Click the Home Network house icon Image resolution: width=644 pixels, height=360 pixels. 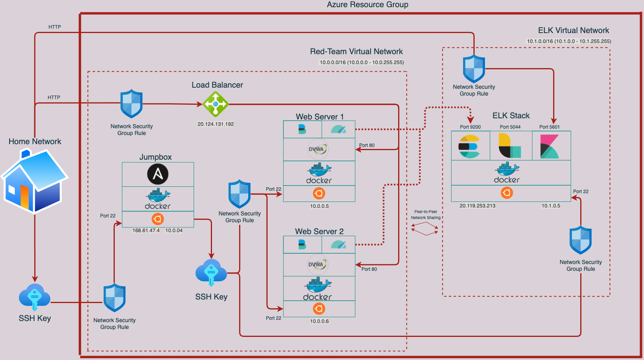coord(35,181)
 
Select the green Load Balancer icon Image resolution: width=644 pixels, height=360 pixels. coord(215,104)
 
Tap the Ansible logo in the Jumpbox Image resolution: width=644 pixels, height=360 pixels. coord(158,174)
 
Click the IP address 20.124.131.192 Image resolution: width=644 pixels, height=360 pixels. coord(216,124)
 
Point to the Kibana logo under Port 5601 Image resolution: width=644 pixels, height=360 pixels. coord(549,146)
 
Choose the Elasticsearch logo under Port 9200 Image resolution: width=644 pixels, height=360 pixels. coord(469,146)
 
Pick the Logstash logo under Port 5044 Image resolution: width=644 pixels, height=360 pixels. coord(510,146)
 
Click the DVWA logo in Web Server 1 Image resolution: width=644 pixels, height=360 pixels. coord(318,149)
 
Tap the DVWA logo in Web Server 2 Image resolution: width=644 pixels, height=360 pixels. coord(317,264)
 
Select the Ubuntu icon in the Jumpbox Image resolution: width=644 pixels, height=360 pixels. coord(158,219)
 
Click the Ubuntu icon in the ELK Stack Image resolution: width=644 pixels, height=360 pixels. coord(507,193)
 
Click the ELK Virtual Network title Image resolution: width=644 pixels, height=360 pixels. coord(573,31)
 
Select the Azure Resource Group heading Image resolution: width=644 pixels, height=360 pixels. coord(367,5)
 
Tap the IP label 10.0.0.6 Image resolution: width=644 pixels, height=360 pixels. coord(320,321)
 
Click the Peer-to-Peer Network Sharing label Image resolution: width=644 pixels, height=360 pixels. coord(426,215)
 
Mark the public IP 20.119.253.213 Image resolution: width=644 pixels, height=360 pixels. coord(477,206)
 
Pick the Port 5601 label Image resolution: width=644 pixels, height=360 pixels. coord(550,127)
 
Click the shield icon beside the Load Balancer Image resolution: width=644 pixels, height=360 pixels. coord(132,104)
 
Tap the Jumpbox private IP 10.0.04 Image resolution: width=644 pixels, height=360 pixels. coord(174,231)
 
